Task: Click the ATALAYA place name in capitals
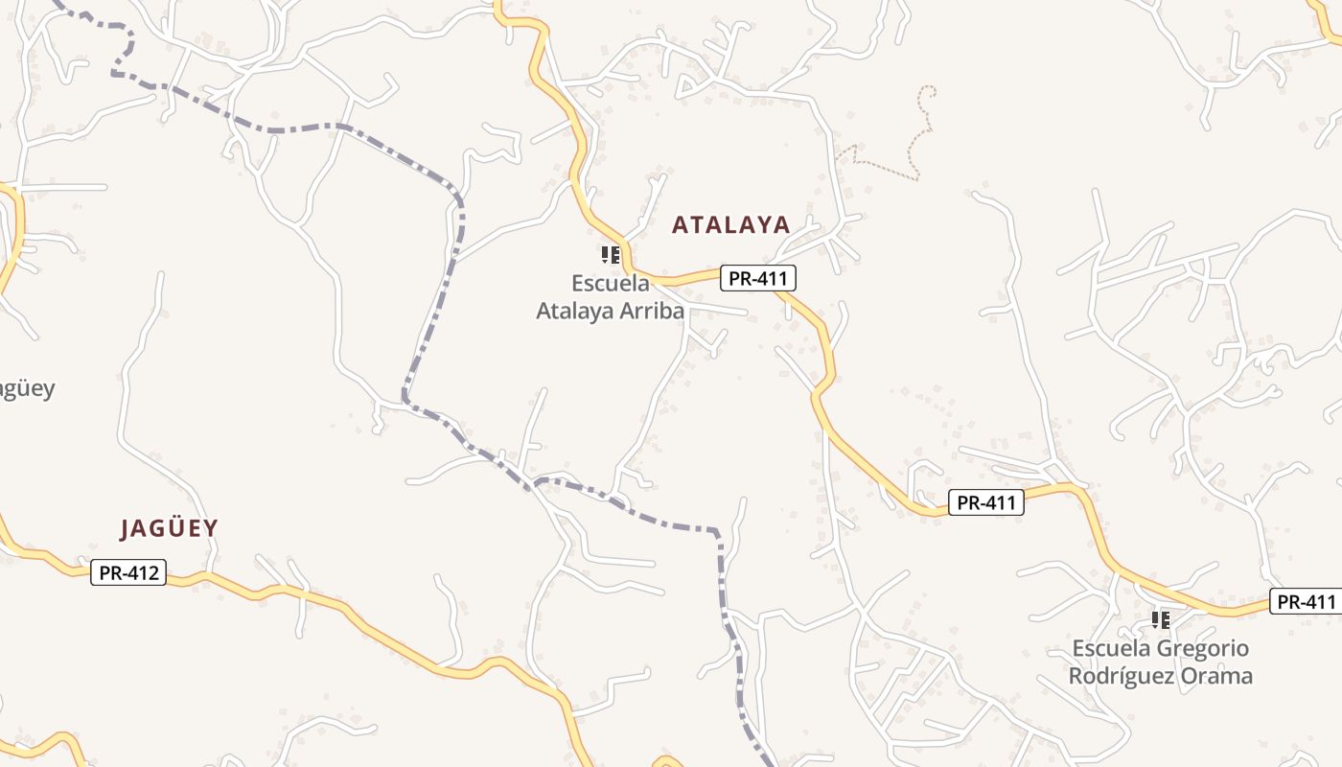coord(730,225)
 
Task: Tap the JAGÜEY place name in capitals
coord(170,528)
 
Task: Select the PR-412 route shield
coord(128,573)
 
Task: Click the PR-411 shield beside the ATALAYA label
coord(758,278)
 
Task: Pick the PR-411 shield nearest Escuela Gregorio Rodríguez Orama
coord(1306,602)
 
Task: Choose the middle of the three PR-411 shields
coord(986,501)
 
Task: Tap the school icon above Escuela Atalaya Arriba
coord(610,255)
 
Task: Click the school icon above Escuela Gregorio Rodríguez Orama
coord(1161,620)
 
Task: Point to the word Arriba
coord(651,311)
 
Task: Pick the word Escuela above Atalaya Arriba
coord(610,283)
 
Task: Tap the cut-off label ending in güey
coord(26,389)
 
